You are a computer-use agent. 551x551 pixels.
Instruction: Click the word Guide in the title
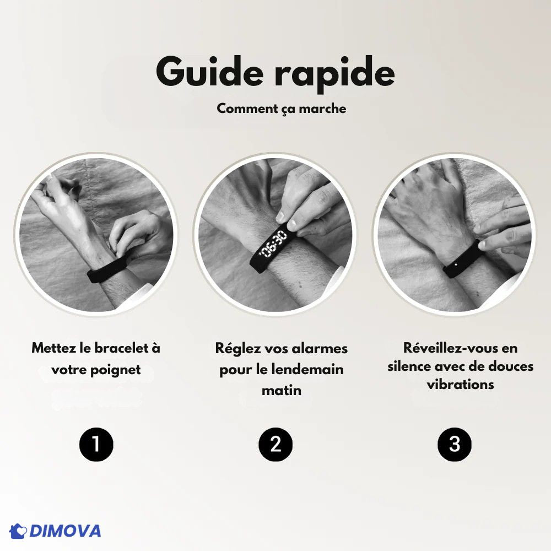point(209,71)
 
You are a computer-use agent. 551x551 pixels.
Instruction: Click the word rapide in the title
point(334,74)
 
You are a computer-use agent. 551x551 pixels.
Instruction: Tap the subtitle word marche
point(322,109)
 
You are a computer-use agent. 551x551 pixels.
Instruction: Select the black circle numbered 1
point(96,444)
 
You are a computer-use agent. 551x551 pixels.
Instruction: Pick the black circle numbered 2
point(275,444)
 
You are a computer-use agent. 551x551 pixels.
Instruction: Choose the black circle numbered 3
point(455,444)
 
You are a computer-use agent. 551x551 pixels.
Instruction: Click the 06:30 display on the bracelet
point(273,243)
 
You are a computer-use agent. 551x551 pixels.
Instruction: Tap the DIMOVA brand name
point(66,531)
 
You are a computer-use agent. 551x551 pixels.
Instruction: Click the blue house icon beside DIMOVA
point(18,531)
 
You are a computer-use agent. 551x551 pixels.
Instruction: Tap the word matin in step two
point(282,391)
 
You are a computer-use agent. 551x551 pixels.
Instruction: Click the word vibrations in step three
point(460,384)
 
